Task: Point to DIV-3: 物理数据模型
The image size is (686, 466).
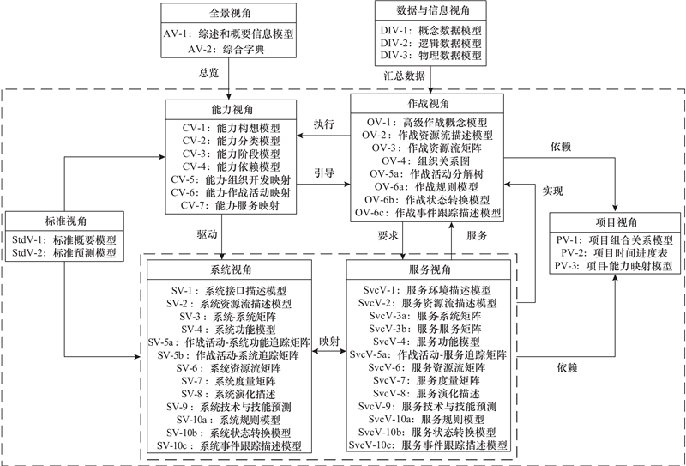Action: coord(430,56)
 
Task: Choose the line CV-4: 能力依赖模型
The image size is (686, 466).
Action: coord(229,166)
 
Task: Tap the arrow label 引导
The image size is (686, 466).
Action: coord(324,171)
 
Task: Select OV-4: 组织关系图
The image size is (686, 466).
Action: coord(430,160)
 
